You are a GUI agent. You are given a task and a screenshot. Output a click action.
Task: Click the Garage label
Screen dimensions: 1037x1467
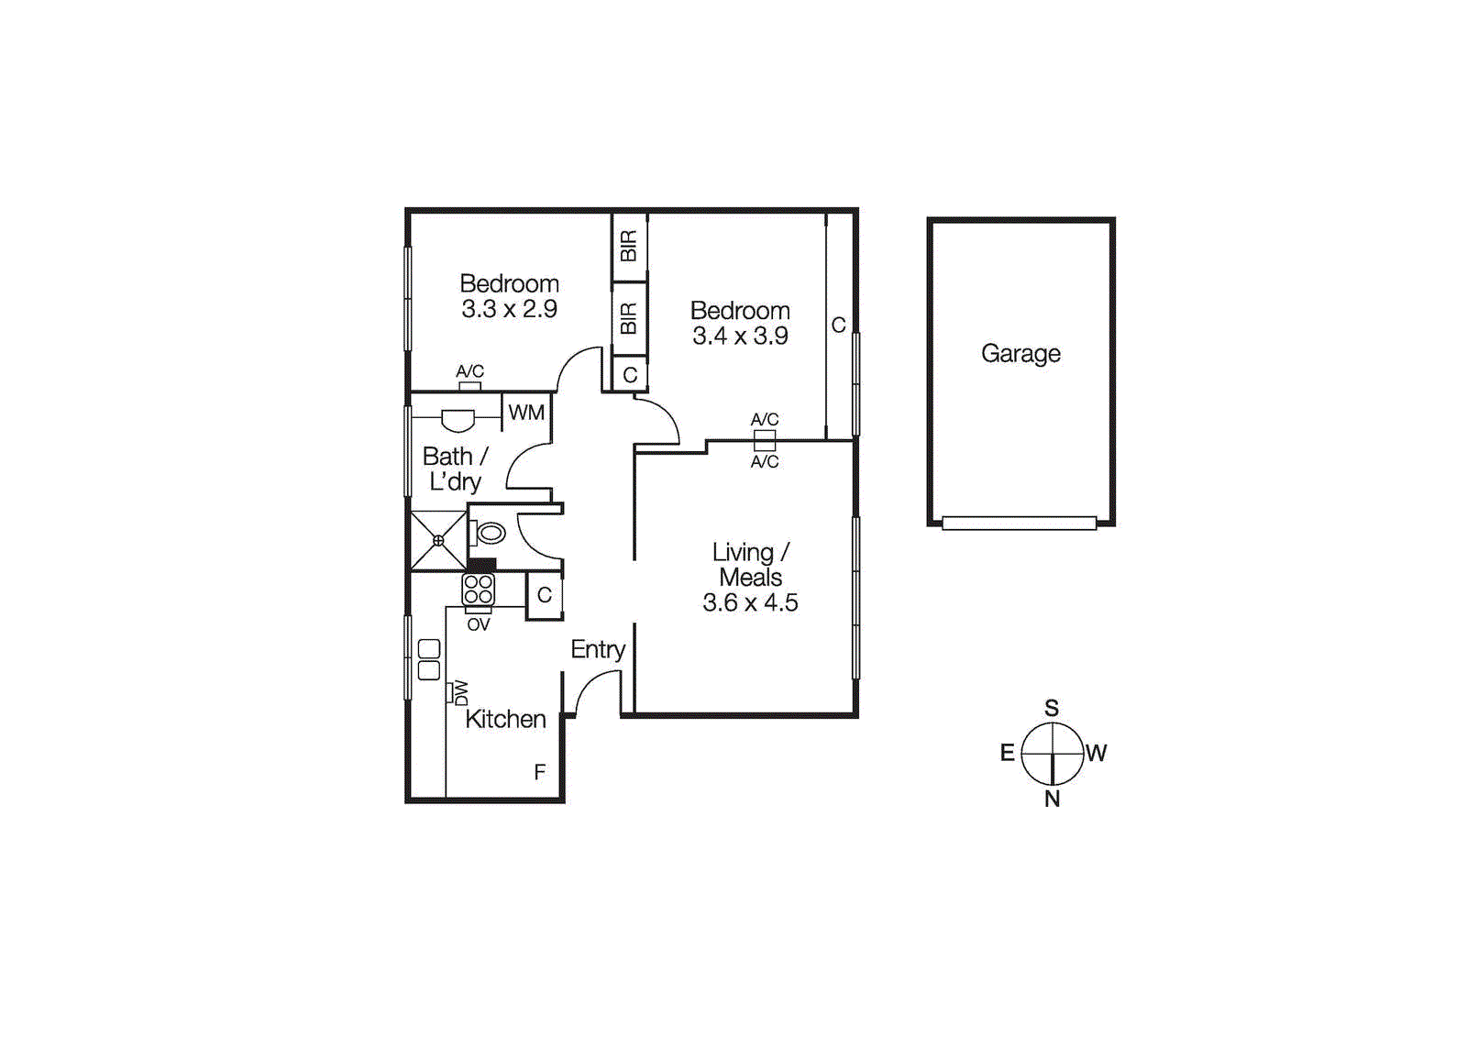point(1020,353)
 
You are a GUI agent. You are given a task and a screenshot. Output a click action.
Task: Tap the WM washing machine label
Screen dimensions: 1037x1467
point(526,413)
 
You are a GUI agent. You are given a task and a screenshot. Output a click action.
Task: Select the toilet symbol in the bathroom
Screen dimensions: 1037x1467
point(490,533)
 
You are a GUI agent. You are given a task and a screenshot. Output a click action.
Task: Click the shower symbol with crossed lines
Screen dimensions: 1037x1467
point(438,541)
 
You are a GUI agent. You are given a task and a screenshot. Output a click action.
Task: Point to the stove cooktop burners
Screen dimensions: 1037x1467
point(478,590)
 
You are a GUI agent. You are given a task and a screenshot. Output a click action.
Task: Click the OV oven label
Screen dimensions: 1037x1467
point(478,624)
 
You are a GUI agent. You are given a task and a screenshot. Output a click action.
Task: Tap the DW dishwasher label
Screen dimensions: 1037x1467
point(460,692)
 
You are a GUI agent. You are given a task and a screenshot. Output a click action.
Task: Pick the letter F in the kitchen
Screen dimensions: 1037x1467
point(540,772)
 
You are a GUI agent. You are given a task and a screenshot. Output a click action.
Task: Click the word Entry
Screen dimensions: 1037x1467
point(598,649)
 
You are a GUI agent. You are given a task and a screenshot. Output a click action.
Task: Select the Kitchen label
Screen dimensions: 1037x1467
point(505,719)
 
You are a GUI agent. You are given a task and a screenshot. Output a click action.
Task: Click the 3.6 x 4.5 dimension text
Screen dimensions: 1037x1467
point(750,602)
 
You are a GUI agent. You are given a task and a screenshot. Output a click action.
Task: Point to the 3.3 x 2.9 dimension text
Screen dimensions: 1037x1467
point(509,309)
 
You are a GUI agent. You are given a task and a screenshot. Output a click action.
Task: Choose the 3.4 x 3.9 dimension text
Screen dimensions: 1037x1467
point(740,336)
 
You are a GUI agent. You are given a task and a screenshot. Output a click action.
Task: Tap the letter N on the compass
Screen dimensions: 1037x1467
point(1052,799)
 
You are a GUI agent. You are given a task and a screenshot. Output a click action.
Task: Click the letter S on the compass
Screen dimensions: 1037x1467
point(1052,708)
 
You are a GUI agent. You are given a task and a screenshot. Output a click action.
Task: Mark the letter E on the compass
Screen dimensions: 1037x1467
point(1007,753)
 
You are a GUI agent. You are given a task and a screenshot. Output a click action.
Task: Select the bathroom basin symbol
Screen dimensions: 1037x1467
point(458,420)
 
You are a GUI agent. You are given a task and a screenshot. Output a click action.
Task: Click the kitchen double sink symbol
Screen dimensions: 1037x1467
point(429,659)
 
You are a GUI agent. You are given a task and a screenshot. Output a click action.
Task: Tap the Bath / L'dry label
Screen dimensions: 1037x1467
point(455,469)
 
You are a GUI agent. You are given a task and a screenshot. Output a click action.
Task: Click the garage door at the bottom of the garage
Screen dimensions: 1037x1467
point(1019,523)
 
